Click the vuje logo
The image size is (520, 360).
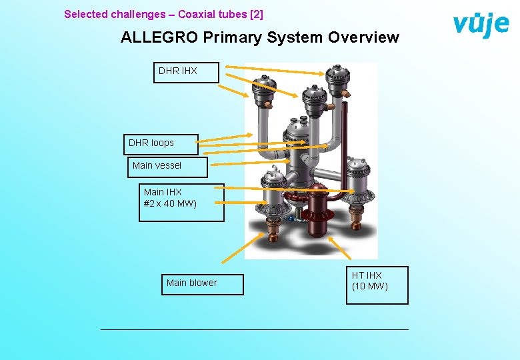coord(480,25)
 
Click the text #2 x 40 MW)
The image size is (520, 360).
coord(170,203)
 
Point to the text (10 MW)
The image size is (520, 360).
coord(370,287)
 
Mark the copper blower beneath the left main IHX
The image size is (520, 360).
coord(274,231)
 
